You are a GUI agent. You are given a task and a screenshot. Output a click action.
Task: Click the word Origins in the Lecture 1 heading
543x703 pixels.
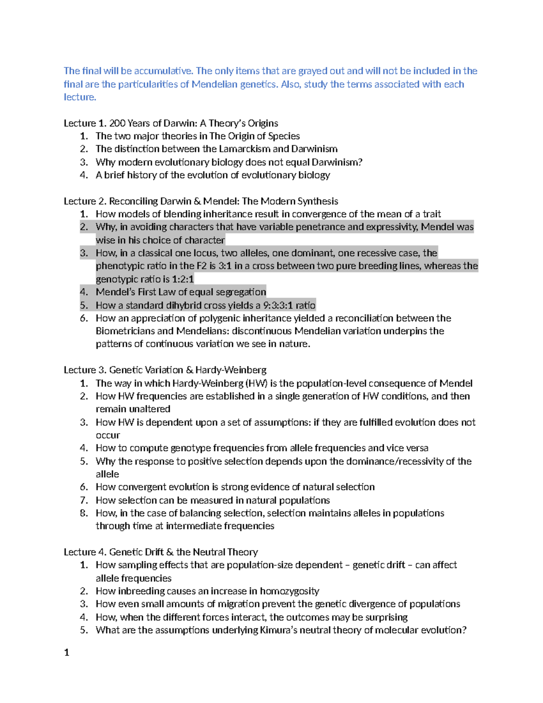click(262, 123)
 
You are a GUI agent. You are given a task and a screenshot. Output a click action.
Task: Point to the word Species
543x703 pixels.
click(284, 136)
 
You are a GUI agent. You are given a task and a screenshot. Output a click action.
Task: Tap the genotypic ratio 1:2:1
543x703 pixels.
click(183, 279)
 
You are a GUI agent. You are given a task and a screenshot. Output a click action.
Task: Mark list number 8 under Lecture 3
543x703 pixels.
click(84, 513)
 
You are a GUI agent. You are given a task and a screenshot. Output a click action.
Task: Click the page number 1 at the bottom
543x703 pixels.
click(67, 652)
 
